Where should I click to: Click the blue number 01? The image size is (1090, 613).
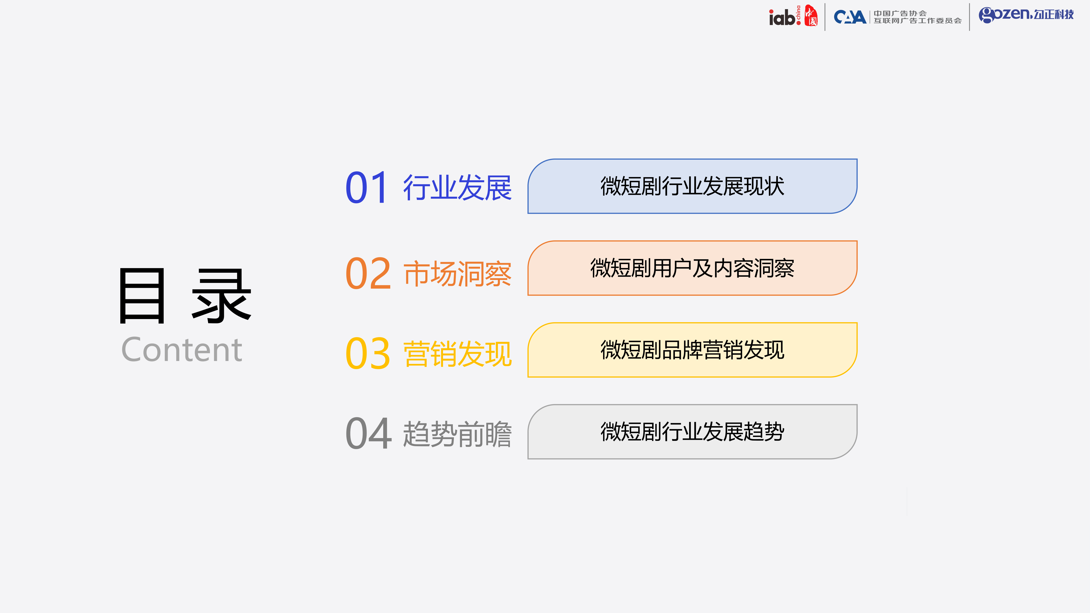(x=366, y=187)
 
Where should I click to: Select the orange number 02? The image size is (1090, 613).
(x=368, y=273)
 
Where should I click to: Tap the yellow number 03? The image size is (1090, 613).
(x=368, y=353)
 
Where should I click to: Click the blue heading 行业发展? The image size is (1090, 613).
(x=458, y=187)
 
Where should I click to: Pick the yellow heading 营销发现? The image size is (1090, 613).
(x=458, y=354)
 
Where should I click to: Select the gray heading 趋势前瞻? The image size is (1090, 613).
(x=458, y=434)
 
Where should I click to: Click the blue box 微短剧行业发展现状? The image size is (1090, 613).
(x=692, y=186)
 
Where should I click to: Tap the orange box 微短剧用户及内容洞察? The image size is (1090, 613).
(x=692, y=268)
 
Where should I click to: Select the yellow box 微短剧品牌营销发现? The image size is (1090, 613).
(x=692, y=350)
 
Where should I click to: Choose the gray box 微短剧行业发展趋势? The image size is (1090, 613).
(x=692, y=431)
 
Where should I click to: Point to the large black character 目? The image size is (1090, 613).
(x=142, y=296)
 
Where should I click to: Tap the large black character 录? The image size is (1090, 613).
(x=222, y=296)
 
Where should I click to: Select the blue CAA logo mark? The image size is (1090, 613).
(x=850, y=17)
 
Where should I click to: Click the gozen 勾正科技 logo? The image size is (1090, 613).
(x=1026, y=15)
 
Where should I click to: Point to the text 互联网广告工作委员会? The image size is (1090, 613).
(x=917, y=21)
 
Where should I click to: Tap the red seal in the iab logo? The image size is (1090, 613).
(x=811, y=16)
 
